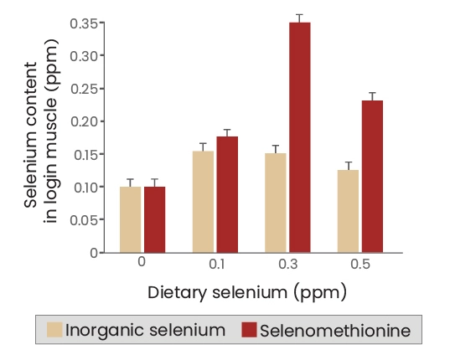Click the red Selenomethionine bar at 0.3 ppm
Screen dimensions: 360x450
299,137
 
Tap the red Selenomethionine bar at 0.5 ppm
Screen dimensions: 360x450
372,177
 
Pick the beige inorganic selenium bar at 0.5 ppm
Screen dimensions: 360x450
348,211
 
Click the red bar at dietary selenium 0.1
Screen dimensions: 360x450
227,194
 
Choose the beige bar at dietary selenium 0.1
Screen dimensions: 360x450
203,202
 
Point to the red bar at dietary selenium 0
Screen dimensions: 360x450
154,219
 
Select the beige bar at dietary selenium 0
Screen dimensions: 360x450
130,219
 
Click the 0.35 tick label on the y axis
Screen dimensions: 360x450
83,23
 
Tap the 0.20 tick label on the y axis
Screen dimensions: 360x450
83,121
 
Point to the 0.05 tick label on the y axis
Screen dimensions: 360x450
83,220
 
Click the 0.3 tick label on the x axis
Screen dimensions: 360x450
287,265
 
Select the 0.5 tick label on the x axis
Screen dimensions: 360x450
360,265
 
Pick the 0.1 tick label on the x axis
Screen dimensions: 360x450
215,265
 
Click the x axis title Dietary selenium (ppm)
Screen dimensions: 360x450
247,293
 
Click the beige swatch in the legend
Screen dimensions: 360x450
54,330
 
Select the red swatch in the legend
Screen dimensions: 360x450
249,330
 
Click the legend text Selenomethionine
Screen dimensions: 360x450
335,330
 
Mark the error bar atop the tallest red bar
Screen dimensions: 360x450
299,18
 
